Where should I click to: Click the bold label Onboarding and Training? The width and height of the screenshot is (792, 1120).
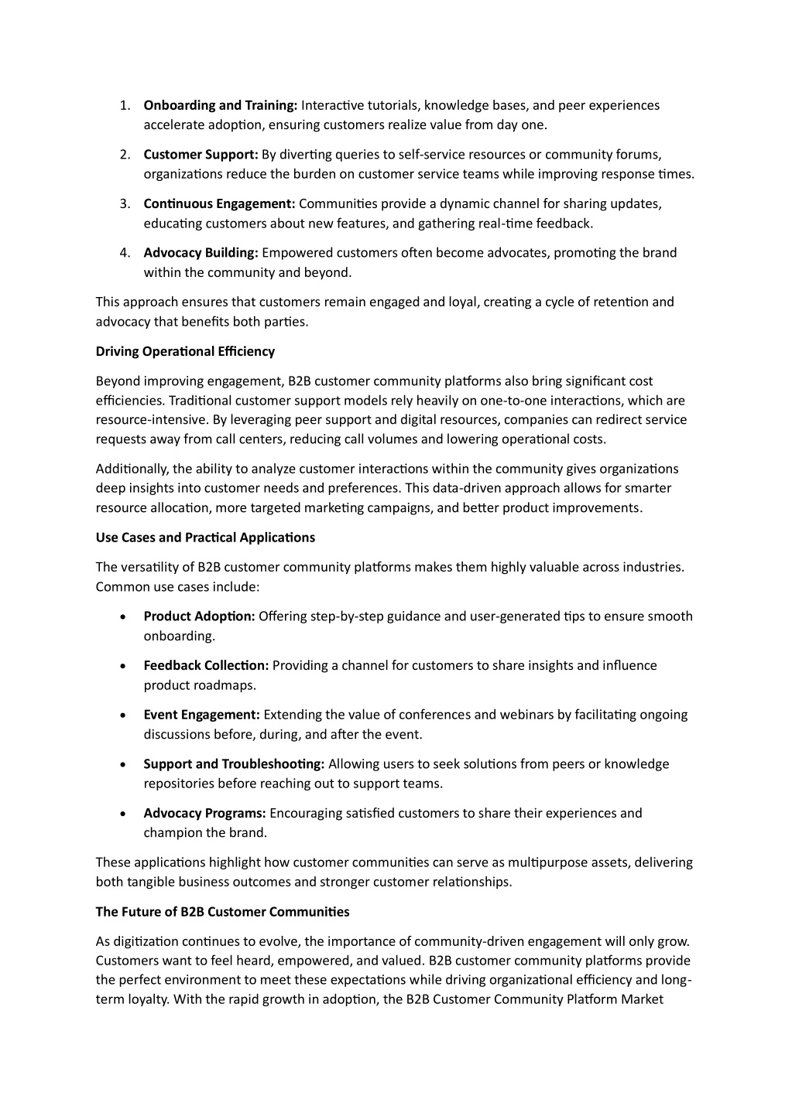click(221, 105)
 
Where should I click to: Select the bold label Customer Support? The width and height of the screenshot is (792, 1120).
click(201, 155)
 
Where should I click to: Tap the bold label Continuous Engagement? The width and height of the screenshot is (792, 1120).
click(219, 204)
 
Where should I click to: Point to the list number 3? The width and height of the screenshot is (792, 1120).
click(124, 204)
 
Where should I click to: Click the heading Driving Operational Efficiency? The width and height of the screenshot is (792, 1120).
click(185, 351)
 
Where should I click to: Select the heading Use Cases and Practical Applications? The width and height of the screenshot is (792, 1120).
click(205, 538)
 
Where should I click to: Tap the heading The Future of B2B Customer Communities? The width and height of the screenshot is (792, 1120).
click(222, 912)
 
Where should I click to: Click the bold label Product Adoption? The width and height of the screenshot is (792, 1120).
click(199, 616)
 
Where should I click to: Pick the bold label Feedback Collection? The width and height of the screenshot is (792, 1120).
click(206, 665)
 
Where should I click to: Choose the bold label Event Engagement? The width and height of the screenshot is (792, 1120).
click(201, 715)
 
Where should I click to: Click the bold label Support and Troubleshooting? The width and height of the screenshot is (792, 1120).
click(234, 764)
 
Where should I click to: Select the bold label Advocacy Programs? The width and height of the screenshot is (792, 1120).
click(204, 813)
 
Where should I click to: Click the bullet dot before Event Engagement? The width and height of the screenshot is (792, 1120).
click(124, 715)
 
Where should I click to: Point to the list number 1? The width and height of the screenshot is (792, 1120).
click(124, 105)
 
